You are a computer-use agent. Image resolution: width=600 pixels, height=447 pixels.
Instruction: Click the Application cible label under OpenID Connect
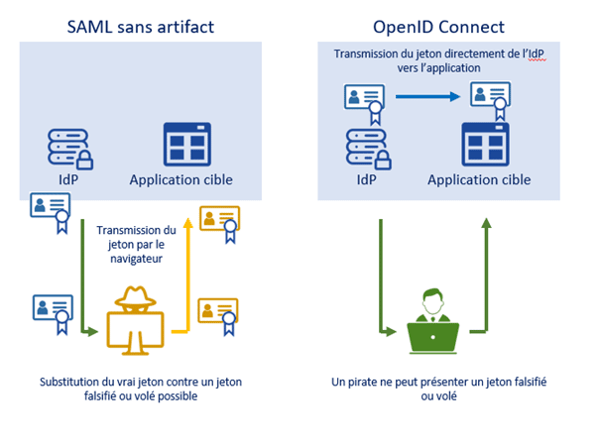(479, 180)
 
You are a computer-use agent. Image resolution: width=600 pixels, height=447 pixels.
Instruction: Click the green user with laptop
(433, 322)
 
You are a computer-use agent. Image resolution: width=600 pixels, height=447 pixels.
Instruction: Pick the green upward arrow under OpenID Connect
(486, 282)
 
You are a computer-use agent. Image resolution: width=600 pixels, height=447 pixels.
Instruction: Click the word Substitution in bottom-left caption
(72, 382)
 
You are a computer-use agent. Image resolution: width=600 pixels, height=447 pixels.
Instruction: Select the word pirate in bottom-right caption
(394, 382)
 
